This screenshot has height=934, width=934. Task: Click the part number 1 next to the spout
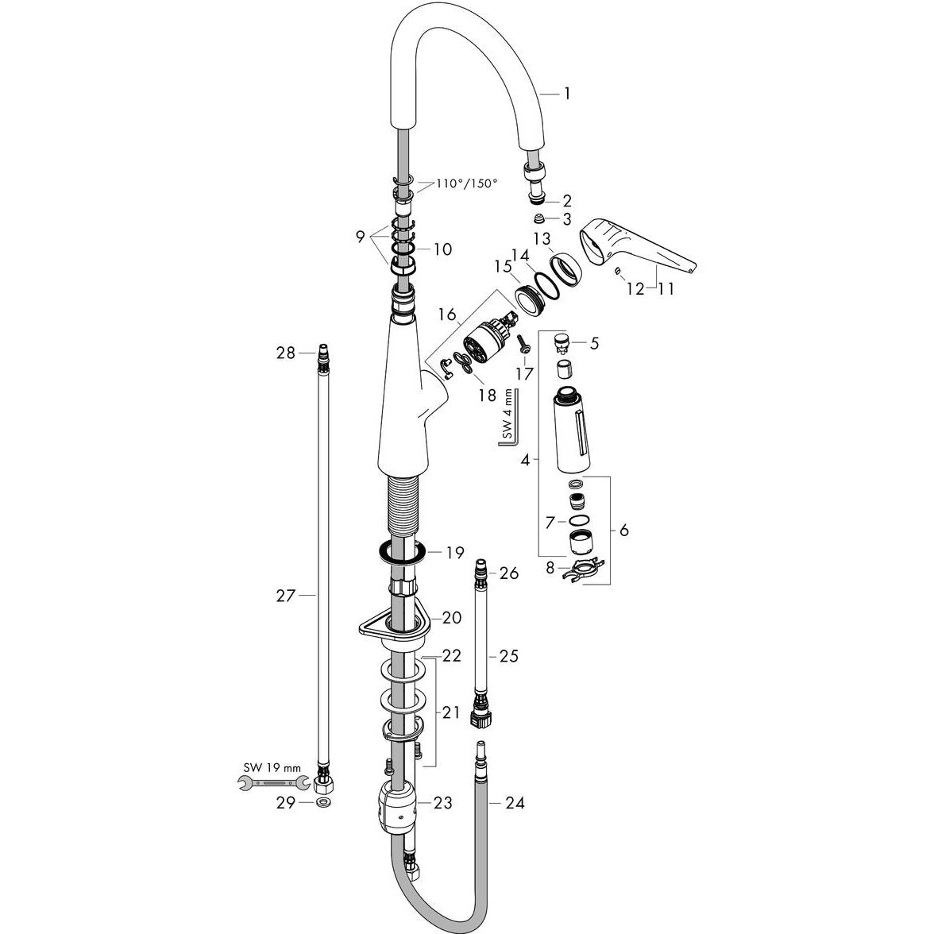pos(567,94)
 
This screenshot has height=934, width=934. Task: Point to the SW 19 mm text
pos(272,768)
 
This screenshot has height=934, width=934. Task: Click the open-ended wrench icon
pos(273,784)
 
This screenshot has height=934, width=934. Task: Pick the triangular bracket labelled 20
pos(394,627)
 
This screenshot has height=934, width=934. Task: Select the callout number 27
pos(286,595)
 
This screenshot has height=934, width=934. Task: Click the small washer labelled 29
pos(323,803)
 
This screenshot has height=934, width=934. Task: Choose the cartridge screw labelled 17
pos(523,345)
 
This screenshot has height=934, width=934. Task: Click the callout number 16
pos(446,314)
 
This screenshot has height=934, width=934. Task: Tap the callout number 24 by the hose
pos(515,803)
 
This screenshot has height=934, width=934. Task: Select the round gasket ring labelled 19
pos(401,553)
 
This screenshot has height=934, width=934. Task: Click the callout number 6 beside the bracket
pos(623,530)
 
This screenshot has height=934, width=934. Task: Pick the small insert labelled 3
pos(538,219)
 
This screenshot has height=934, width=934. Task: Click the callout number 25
pos(508,656)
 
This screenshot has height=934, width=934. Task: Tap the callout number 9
pos(361,237)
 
